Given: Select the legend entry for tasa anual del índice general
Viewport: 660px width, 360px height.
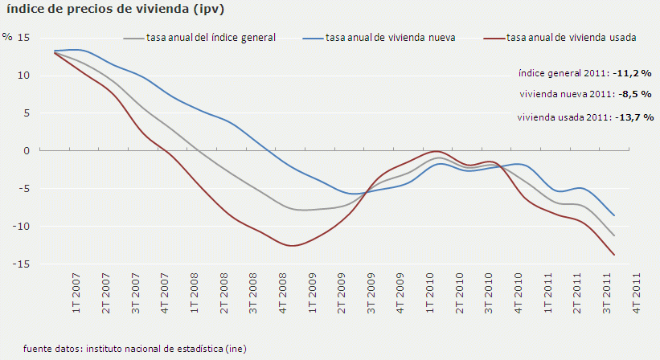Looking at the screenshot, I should coord(211,38).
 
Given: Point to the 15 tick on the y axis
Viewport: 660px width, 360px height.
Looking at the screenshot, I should coord(23,38).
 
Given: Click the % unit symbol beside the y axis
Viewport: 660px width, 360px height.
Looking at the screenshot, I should coord(7,37).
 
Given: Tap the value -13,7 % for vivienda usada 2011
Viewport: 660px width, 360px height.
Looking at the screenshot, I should coord(634,117).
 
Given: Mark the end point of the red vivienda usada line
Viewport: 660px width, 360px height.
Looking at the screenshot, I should coord(615,255).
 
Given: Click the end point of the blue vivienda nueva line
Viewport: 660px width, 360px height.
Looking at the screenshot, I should coord(615,215).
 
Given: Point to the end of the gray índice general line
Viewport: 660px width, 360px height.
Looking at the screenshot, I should coord(615,235).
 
